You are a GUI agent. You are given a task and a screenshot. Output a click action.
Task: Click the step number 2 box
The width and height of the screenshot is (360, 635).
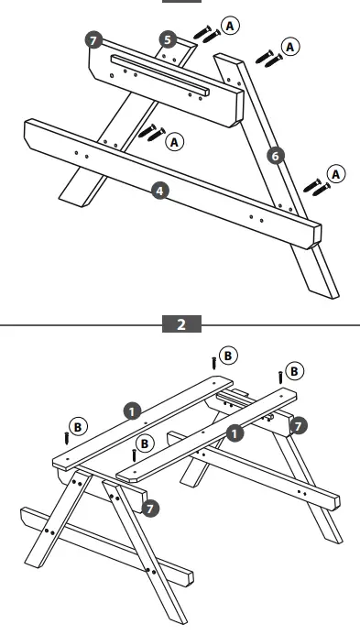(x=180, y=324)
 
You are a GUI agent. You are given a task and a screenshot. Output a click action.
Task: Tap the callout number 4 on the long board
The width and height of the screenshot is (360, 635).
(x=161, y=191)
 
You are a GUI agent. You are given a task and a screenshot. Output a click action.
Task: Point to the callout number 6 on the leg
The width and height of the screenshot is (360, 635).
(x=274, y=156)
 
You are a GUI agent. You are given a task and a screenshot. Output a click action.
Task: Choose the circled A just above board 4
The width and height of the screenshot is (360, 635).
(x=174, y=140)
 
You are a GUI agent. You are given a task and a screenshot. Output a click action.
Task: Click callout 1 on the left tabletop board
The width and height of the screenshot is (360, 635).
(x=133, y=412)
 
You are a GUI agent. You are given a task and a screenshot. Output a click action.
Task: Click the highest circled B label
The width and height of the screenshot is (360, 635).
(x=229, y=354)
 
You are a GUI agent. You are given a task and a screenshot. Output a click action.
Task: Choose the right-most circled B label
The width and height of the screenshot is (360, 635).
(x=293, y=371)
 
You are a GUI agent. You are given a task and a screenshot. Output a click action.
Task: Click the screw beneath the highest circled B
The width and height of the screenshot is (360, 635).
(x=214, y=363)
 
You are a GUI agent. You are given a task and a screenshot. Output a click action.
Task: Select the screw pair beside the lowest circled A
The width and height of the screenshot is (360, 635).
(x=315, y=184)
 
